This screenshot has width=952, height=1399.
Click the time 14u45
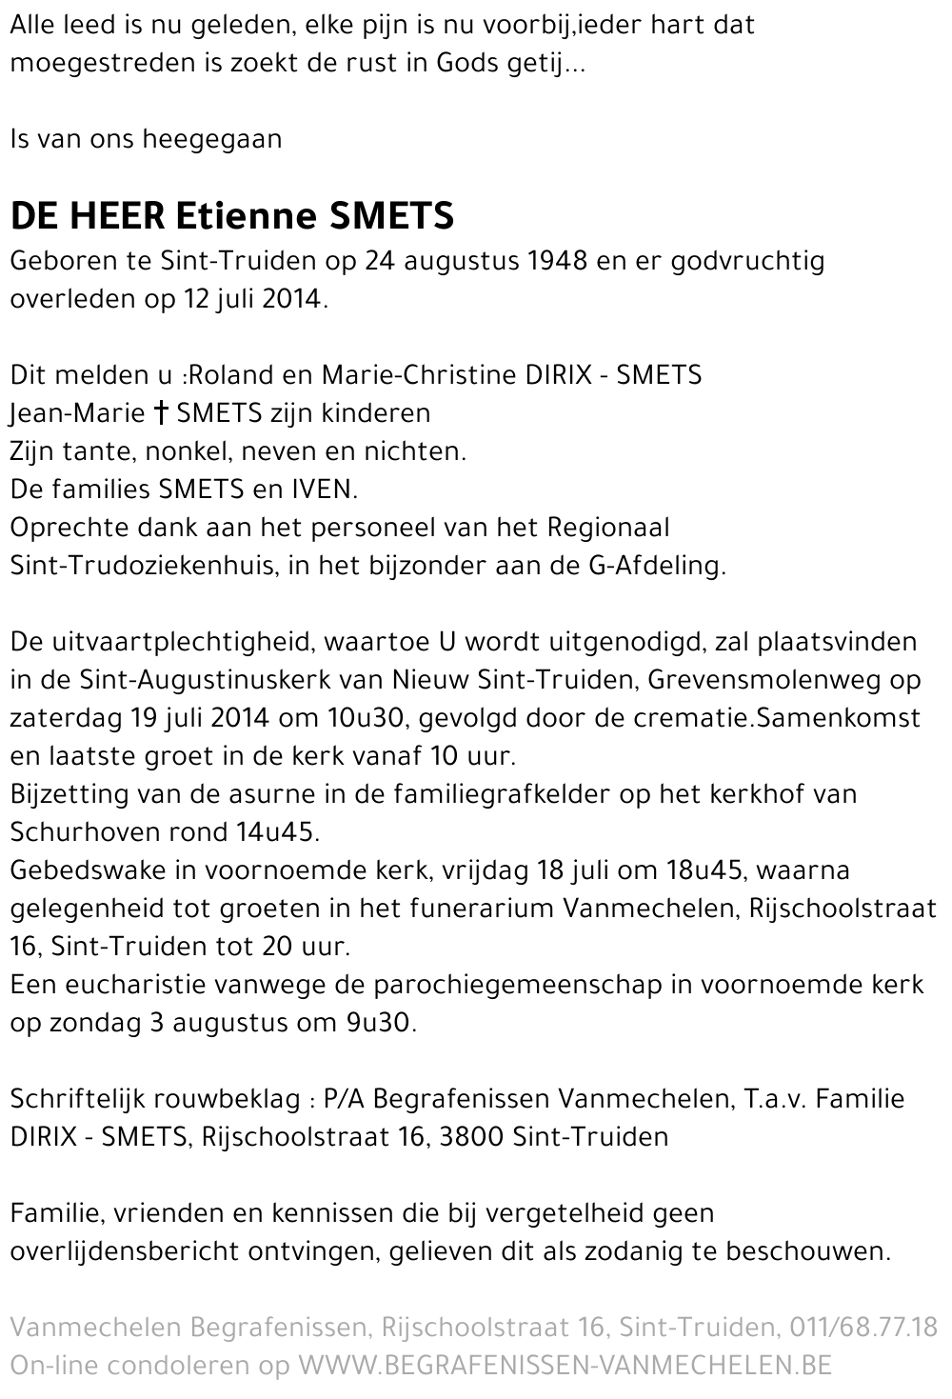pos(275,832)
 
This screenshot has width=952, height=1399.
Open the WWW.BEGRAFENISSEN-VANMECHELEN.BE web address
pos(565,1366)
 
